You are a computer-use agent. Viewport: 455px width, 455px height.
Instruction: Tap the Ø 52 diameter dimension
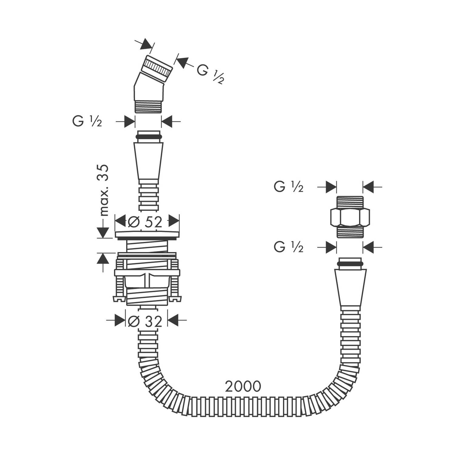[145, 222]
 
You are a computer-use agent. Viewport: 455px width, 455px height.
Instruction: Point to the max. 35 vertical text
[103, 190]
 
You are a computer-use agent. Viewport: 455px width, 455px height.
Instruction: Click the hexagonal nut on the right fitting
[350, 217]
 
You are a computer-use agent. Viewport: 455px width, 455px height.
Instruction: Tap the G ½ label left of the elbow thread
[87, 122]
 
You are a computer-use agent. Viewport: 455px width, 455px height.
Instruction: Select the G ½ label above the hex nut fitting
[288, 187]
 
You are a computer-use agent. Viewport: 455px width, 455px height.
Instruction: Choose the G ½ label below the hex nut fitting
[288, 247]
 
